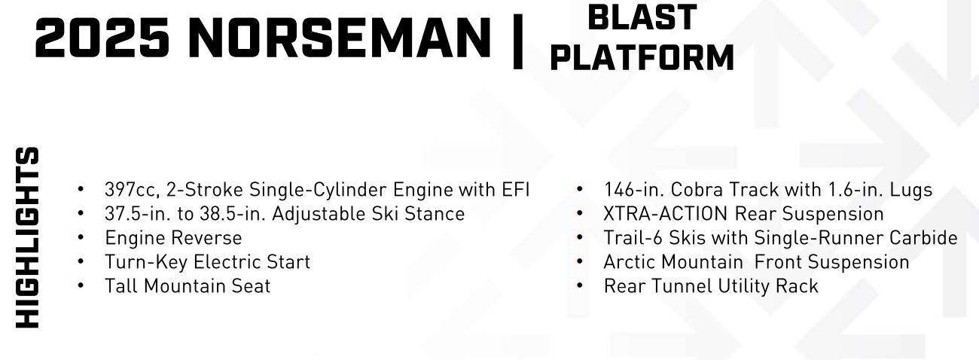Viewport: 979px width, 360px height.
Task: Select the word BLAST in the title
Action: pos(642,17)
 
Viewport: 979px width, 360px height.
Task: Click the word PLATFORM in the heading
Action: pos(642,57)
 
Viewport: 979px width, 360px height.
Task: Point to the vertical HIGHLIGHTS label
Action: pos(28,237)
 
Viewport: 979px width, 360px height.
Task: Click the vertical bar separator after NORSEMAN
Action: pos(518,41)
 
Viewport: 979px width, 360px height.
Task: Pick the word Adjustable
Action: pos(319,215)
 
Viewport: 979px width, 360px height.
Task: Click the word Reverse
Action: pos(209,238)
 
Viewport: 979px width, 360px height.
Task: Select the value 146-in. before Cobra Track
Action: pos(633,190)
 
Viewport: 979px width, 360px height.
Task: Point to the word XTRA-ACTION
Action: pos(665,214)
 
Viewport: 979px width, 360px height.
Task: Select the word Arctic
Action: pos(630,262)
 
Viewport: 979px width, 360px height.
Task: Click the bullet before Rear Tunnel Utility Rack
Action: pos(580,285)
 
